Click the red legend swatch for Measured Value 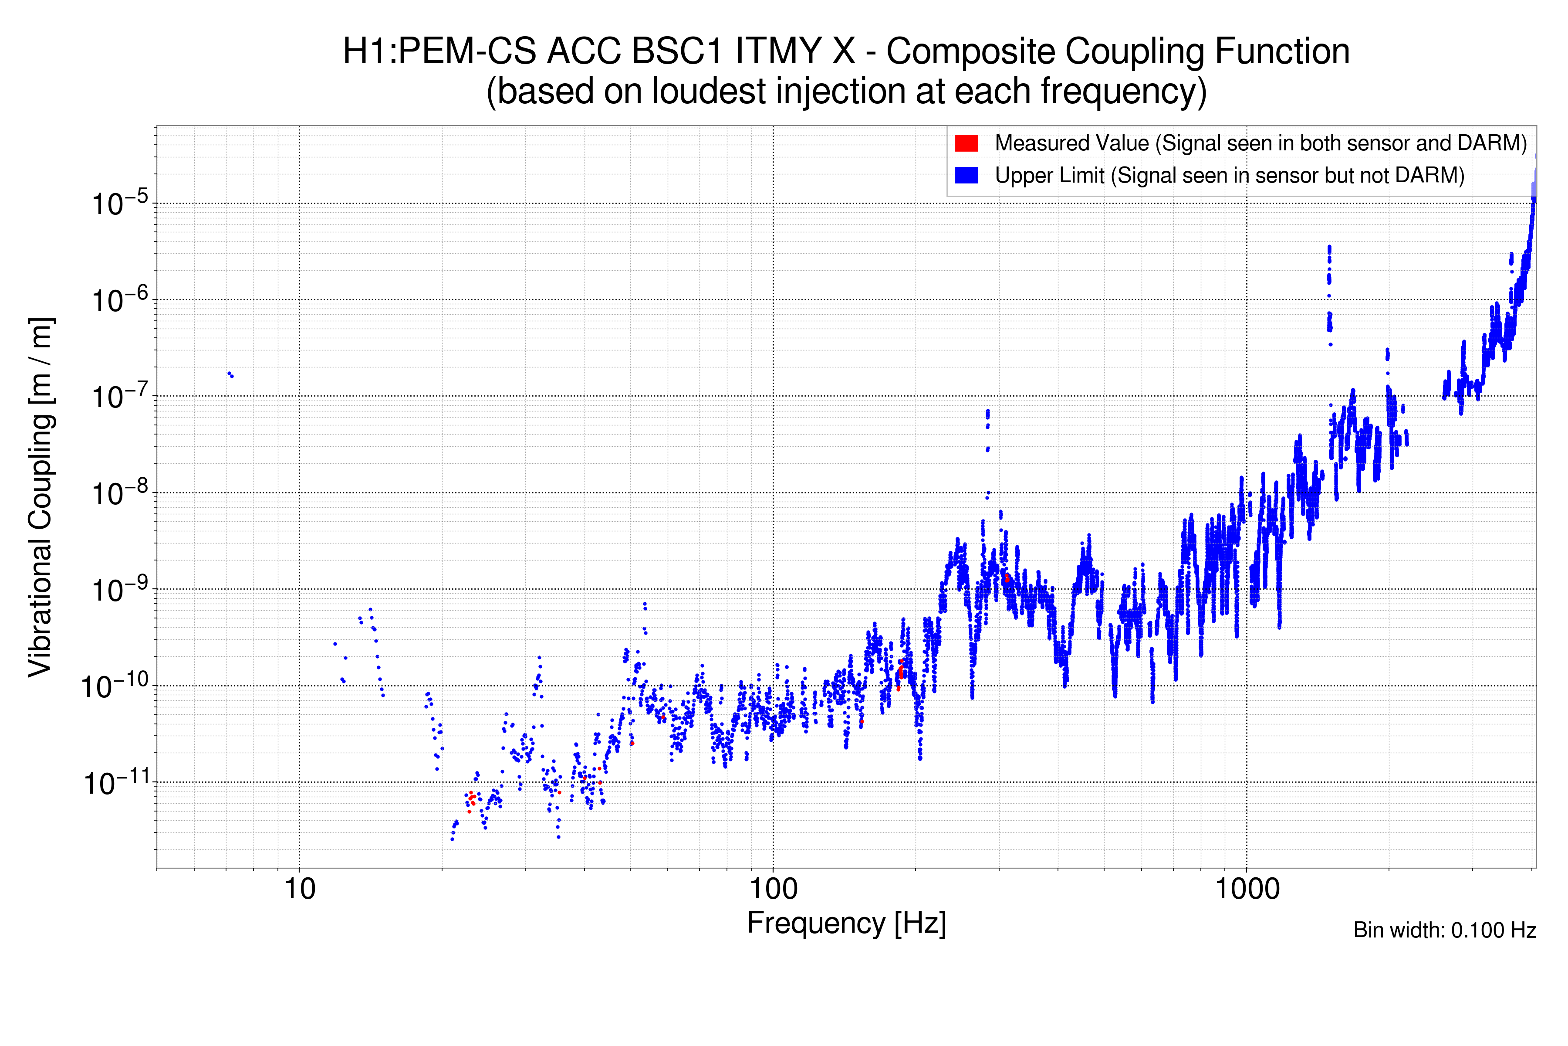tap(966, 143)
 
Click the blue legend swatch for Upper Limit tap(966, 176)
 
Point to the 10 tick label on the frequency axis tap(299, 889)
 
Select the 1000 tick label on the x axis tap(1247, 889)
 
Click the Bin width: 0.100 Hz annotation tap(1445, 930)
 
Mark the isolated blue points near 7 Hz tap(230, 375)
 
